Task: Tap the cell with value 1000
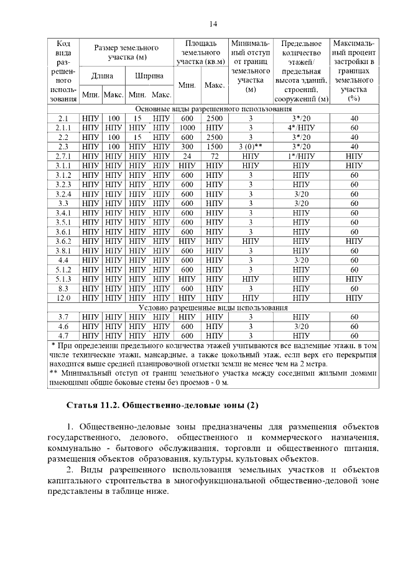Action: tap(187, 128)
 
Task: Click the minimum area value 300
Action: tap(187, 147)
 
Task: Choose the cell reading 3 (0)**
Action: tap(251, 147)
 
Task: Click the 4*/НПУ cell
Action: tap(301, 128)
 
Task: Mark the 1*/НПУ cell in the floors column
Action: tap(301, 156)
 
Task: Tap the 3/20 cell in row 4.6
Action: tap(301, 326)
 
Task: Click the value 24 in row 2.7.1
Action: tap(187, 156)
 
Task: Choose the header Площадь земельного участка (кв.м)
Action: tap(200, 53)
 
